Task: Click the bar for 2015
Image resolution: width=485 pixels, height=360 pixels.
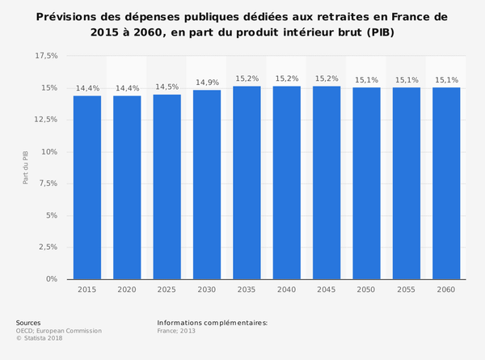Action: click(87, 187)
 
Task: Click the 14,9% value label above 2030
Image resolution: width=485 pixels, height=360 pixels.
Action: click(207, 83)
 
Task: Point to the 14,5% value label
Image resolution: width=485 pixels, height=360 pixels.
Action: click(167, 87)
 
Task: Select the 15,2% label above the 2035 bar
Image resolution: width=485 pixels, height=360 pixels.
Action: click(247, 78)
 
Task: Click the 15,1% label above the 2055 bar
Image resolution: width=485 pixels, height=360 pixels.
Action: click(407, 80)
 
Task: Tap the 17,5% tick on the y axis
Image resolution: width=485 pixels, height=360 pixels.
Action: click(46, 56)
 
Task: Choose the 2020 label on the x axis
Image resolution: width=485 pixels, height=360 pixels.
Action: click(127, 290)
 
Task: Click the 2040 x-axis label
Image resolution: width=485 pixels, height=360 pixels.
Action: click(287, 290)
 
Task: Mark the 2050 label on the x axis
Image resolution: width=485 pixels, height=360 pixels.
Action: click(367, 290)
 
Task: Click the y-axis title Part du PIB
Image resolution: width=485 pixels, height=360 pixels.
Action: click(25, 167)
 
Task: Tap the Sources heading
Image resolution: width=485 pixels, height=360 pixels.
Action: click(27, 323)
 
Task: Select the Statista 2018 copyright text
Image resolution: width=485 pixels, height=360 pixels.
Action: click(41, 339)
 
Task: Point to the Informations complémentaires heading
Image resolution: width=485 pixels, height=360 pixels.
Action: click(212, 323)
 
